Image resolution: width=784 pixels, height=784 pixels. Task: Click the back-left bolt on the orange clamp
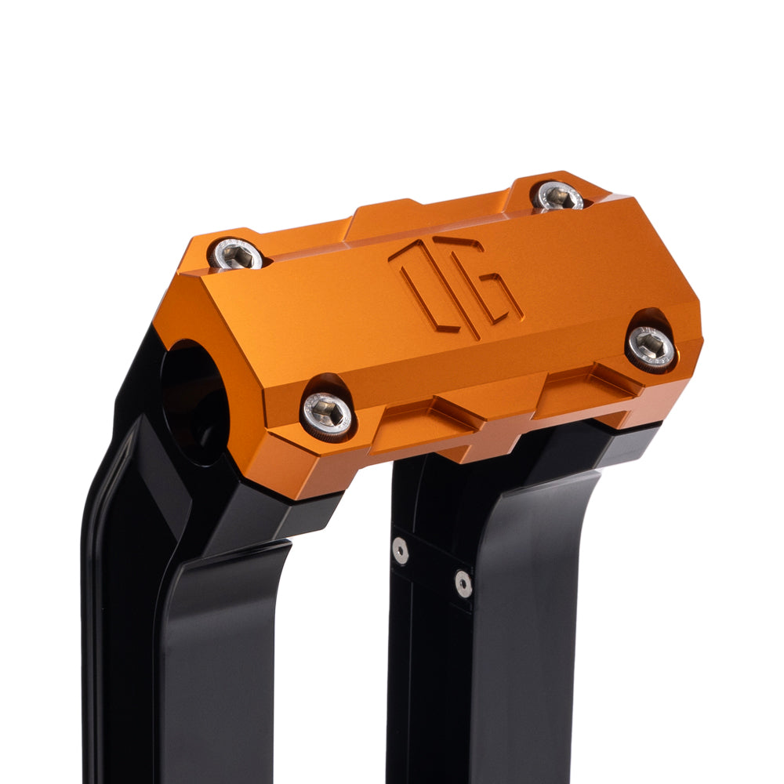coord(236,253)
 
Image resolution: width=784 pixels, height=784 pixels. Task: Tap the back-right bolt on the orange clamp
coord(557,196)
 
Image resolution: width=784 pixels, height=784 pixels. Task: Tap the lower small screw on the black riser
coord(463,583)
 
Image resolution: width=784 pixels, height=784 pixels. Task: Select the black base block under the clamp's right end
coord(627,447)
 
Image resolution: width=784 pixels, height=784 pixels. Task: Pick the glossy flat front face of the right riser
coord(541,627)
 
